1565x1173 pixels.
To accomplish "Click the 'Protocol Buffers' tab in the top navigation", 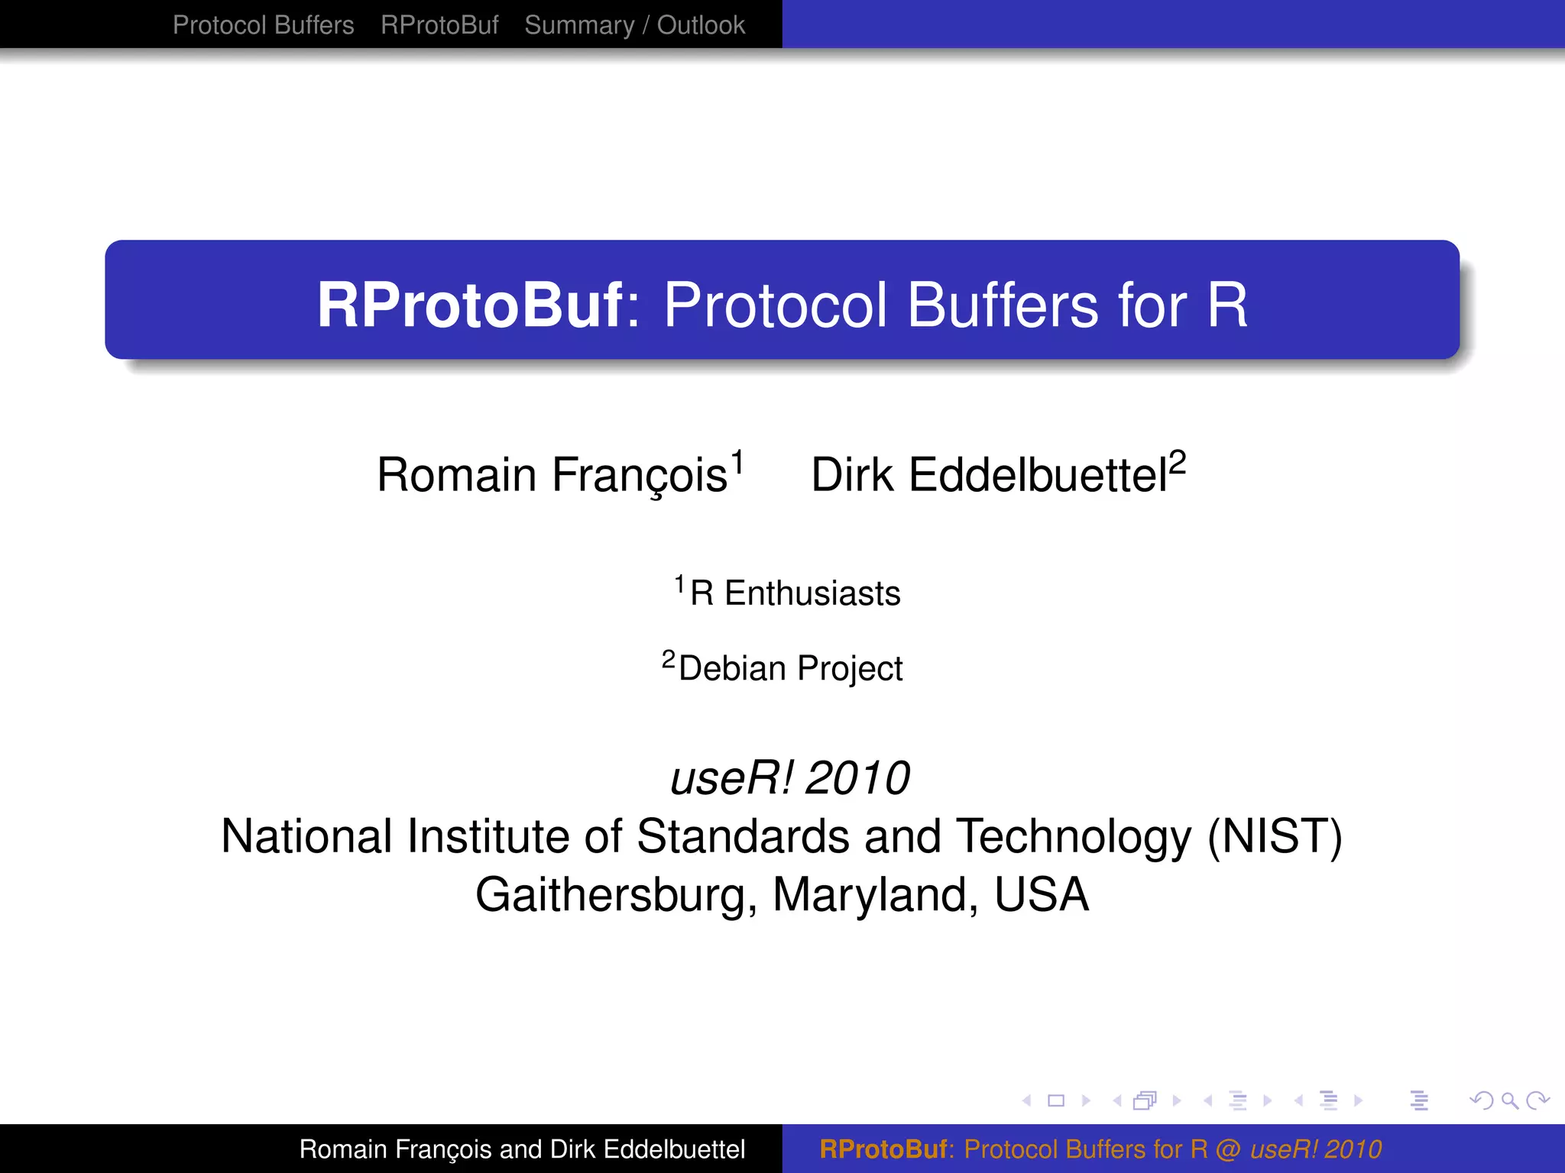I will [263, 25].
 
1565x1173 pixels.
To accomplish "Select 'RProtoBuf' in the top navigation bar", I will [439, 25].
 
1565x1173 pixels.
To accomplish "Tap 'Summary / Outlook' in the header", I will [634, 25].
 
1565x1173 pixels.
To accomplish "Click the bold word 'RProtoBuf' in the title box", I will [470, 305].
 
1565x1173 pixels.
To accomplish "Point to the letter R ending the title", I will [1227, 305].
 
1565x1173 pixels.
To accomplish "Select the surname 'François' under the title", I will [639, 475].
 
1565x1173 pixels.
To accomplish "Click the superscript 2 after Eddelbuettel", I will [1177, 462].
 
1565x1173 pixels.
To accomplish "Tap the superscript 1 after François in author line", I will [737, 462].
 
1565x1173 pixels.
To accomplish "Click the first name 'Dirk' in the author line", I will [851, 475].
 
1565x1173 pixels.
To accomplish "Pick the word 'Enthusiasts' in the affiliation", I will [812, 593].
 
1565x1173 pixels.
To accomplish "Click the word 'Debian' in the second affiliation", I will [732, 668].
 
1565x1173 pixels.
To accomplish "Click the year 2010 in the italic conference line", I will [857, 778].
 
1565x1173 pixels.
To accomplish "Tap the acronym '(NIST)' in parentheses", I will [1275, 836].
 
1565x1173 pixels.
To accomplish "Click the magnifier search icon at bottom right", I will [1510, 1100].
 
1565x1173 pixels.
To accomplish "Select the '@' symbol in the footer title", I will [1229, 1149].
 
